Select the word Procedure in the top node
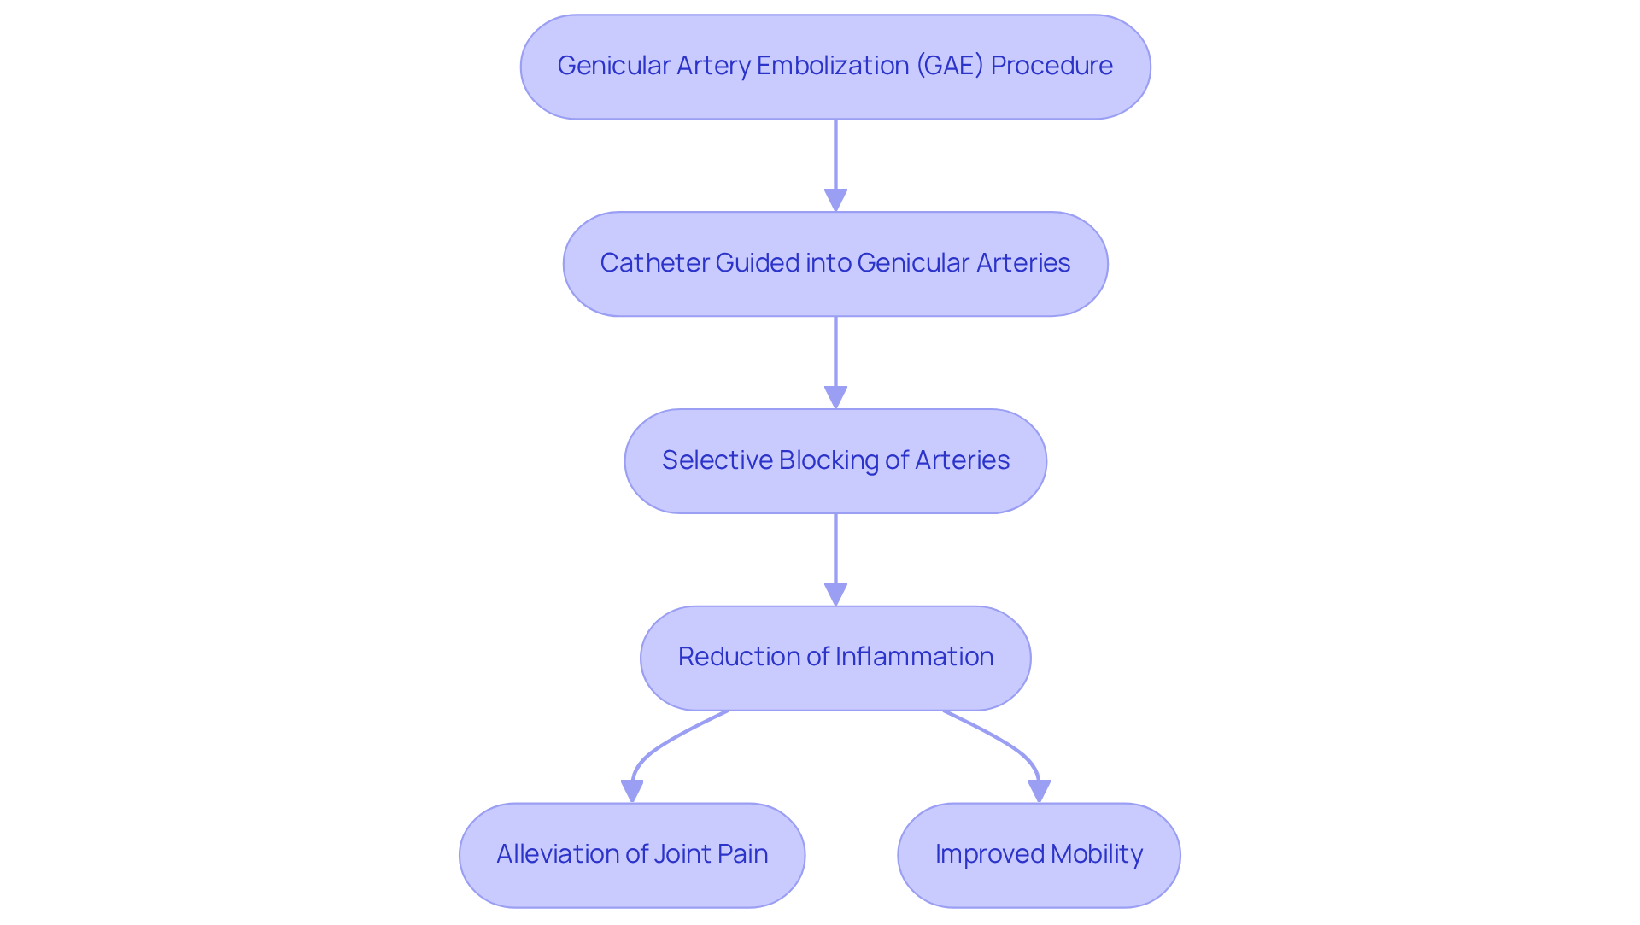1051,66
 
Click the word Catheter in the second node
653,263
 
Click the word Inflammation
914,657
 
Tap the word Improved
989,854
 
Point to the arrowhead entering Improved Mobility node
1039,792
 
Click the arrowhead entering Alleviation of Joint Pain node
632,792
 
